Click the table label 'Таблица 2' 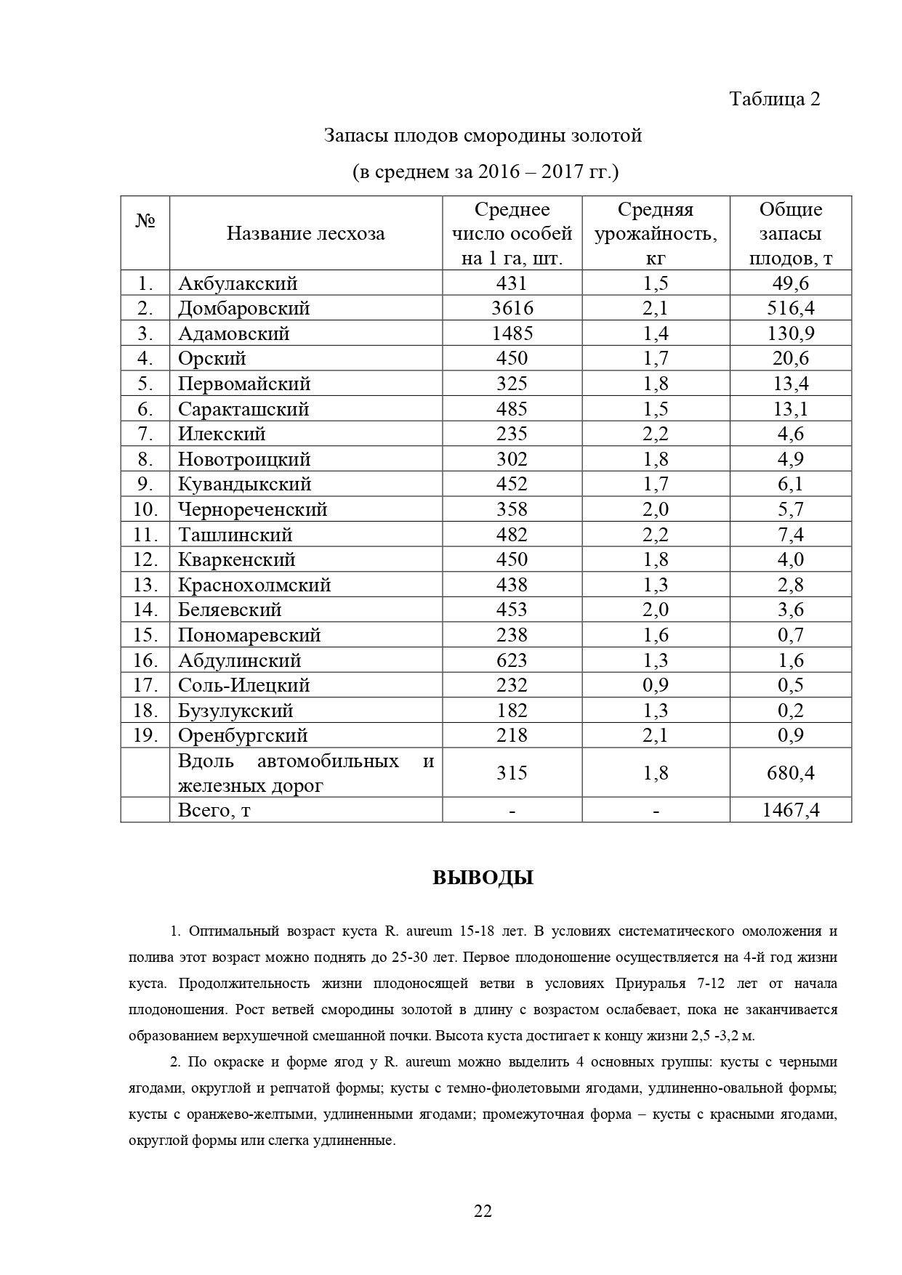(774, 99)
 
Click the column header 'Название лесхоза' (305, 233)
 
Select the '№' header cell (145, 222)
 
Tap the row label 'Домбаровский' (243, 308)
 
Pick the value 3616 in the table (512, 308)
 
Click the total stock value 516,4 (791, 308)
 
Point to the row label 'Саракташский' (243, 409)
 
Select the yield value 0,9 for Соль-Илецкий (656, 685)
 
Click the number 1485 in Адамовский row (512, 333)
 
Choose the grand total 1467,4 (791, 810)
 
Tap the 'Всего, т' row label (214, 810)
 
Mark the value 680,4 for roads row (791, 773)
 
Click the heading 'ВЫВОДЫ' (483, 878)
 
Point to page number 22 (483, 1211)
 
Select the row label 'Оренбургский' (243, 735)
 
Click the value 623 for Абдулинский (512, 660)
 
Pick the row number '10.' (145, 509)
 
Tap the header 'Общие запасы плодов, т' (791, 233)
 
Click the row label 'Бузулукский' (235, 711)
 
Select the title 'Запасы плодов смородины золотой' (483, 136)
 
